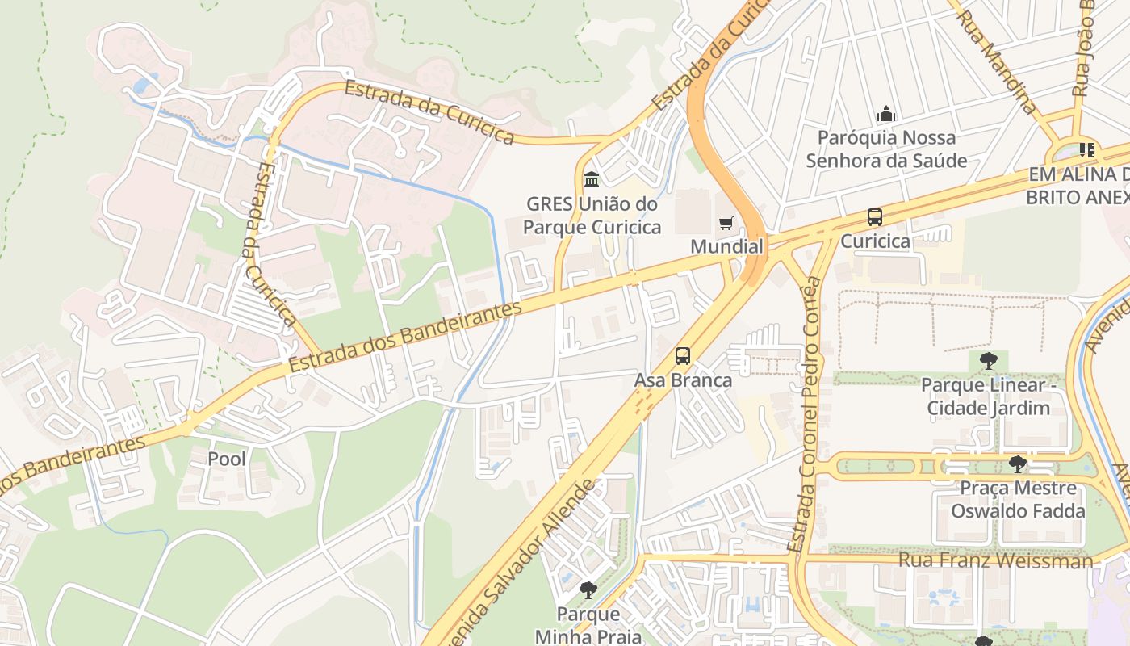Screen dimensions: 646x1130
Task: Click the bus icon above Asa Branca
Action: [683, 356]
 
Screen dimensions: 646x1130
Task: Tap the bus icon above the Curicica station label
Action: [875, 217]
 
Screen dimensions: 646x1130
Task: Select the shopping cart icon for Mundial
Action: [726, 223]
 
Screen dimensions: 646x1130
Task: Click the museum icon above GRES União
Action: [592, 179]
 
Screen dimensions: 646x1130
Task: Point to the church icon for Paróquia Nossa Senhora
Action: [886, 114]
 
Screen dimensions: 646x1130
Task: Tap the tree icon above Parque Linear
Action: [988, 361]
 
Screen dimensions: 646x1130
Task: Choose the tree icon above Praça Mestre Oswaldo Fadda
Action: [1017, 464]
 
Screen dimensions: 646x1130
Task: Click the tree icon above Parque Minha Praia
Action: [588, 590]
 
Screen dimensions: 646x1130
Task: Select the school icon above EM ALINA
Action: [1087, 150]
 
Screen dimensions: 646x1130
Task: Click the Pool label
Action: [227, 459]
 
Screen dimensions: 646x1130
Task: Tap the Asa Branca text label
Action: [683, 380]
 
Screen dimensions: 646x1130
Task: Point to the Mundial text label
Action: [726, 246]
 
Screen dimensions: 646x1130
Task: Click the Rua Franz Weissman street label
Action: [996, 560]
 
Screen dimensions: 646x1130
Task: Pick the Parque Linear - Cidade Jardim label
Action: [988, 396]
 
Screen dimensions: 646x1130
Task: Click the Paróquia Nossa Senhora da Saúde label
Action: [886, 149]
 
